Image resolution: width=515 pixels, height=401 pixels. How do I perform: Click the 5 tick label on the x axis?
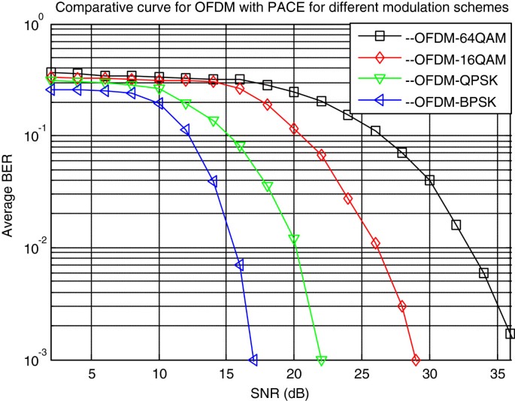pyautogui.click(x=91, y=374)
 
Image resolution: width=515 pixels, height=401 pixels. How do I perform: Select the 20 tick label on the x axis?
pyautogui.click(x=294, y=374)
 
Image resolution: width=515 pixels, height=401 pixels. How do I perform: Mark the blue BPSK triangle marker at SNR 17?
pyautogui.click(x=253, y=360)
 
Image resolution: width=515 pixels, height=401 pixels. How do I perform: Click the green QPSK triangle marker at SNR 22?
pyautogui.click(x=321, y=361)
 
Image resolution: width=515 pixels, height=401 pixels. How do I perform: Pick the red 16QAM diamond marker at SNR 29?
pyautogui.click(x=416, y=360)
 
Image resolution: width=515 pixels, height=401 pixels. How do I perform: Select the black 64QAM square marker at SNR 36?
pyautogui.click(x=510, y=333)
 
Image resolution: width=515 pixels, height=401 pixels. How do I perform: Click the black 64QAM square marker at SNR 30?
pyautogui.click(x=429, y=181)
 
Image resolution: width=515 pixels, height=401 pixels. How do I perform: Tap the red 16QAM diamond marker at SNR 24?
pyautogui.click(x=348, y=199)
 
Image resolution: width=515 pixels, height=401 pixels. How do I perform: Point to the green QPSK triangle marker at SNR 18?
pyautogui.click(x=267, y=186)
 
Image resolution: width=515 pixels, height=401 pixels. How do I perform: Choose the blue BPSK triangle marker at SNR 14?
pyautogui.click(x=213, y=182)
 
